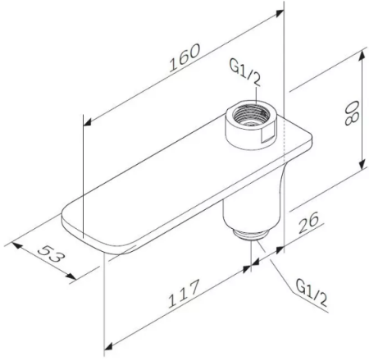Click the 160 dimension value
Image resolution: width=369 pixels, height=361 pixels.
click(x=184, y=58)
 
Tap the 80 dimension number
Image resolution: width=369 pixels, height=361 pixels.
click(x=352, y=112)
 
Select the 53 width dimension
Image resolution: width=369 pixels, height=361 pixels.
click(x=52, y=254)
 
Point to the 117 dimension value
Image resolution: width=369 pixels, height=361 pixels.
click(x=184, y=294)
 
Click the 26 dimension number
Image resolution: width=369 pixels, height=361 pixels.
click(x=308, y=223)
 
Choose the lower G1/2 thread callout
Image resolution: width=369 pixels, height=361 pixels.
click(x=312, y=294)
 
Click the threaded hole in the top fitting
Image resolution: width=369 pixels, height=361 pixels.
click(x=250, y=115)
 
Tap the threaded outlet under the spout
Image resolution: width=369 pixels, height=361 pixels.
click(x=250, y=234)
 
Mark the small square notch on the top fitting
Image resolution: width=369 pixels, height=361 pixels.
click(x=267, y=135)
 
